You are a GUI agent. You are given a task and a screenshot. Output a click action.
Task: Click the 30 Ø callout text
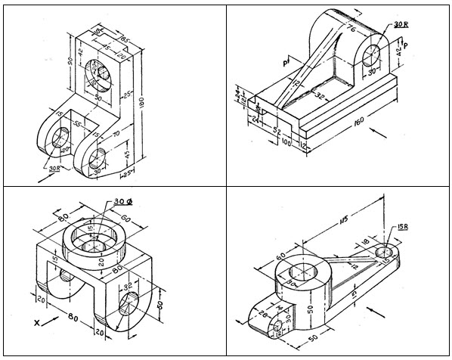pyautogui.click(x=122, y=202)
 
